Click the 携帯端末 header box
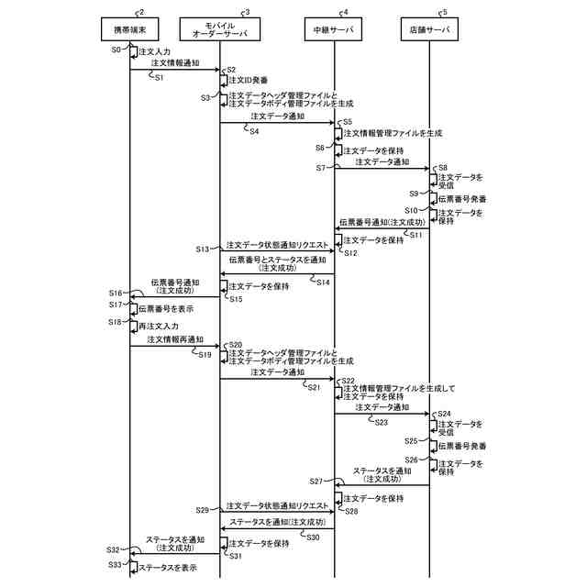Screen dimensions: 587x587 (128, 30)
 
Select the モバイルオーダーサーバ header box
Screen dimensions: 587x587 (220, 30)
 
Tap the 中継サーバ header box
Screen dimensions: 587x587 (333, 30)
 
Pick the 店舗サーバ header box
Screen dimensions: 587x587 (430, 30)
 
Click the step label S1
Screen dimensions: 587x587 (159, 78)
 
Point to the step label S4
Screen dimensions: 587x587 (253, 130)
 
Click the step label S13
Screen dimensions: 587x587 (203, 249)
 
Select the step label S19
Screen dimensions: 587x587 (206, 354)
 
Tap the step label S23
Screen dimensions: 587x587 (381, 422)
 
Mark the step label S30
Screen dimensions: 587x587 (312, 537)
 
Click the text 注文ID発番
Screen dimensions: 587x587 (248, 81)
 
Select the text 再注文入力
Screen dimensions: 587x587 (158, 325)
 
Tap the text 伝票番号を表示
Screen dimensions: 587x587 (166, 309)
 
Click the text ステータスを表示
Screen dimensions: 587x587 (167, 569)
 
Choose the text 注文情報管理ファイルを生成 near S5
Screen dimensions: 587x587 (393, 133)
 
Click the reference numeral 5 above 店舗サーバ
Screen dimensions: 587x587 (445, 12)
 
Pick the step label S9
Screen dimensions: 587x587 (415, 194)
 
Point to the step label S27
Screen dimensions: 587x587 (316, 481)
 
